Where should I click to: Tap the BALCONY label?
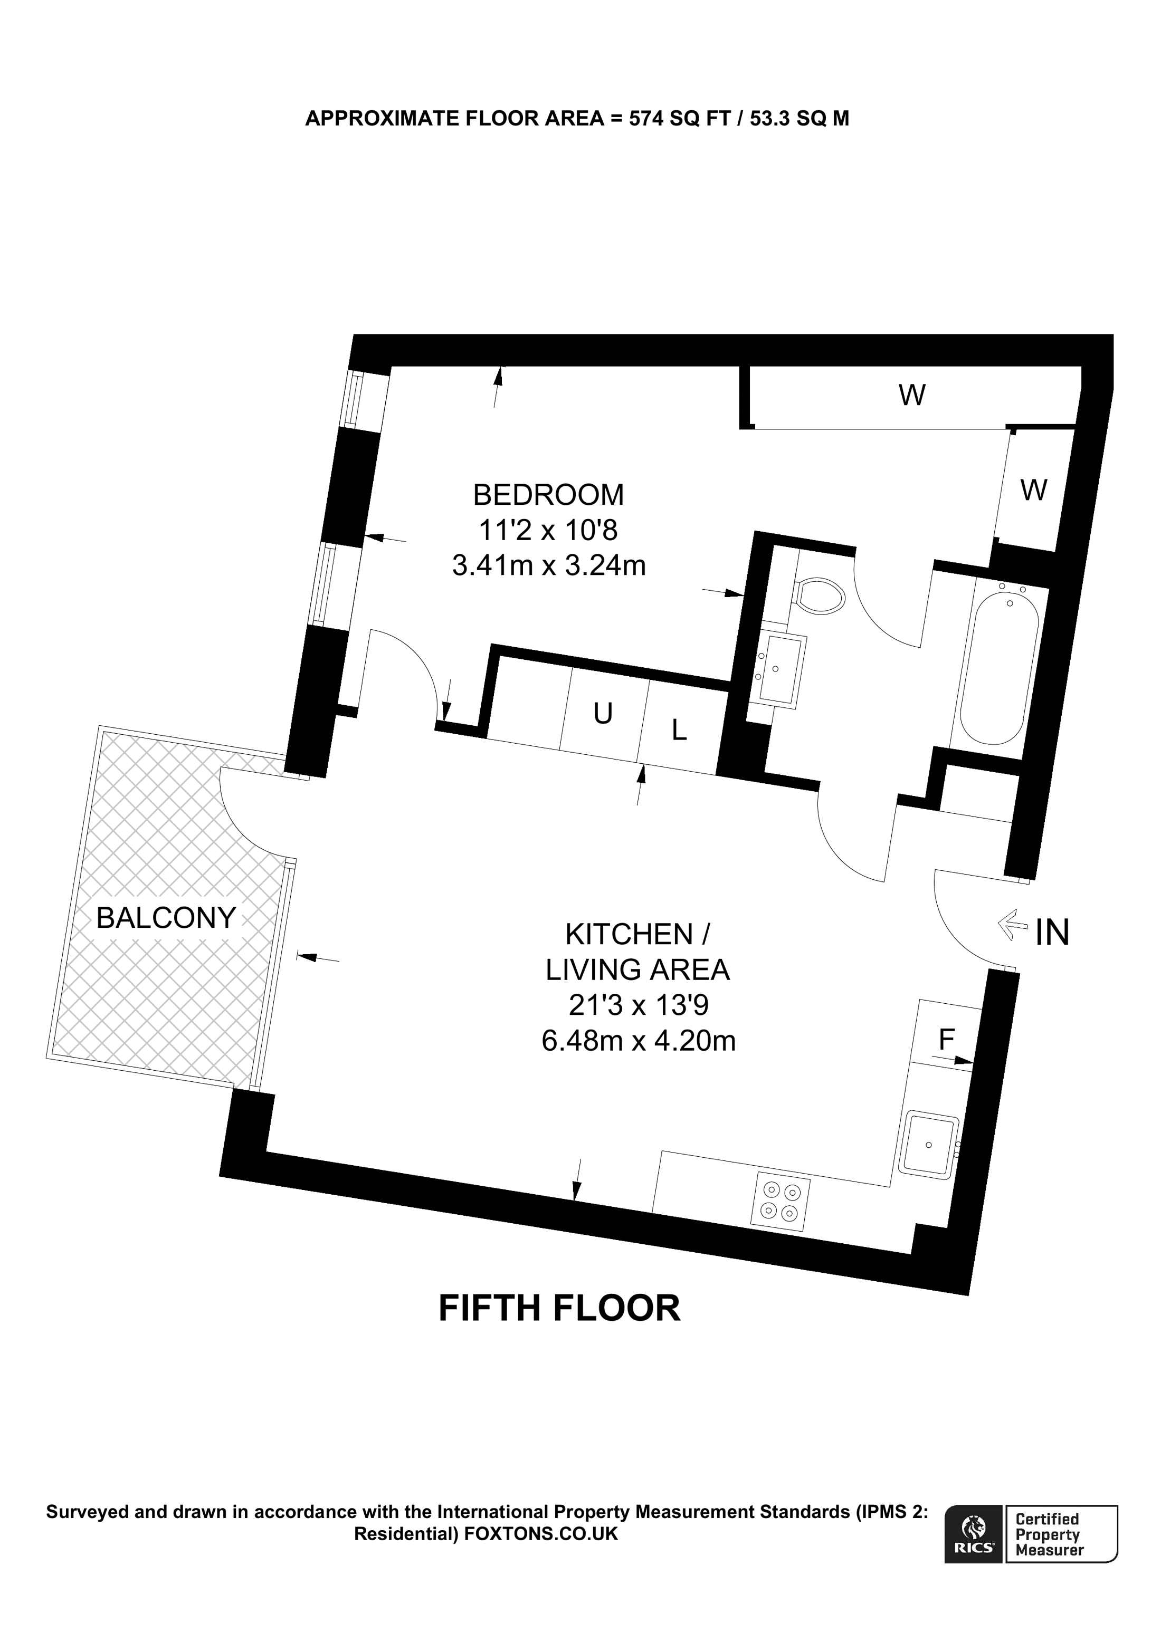[x=166, y=918]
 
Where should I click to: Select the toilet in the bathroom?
[x=821, y=596]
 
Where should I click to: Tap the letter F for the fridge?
[x=946, y=1039]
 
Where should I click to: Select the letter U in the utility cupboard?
[x=603, y=713]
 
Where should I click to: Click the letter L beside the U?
[x=679, y=729]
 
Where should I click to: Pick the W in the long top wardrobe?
[x=912, y=395]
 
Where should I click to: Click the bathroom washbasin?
[x=781, y=670]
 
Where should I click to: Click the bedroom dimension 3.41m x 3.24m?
[x=549, y=565]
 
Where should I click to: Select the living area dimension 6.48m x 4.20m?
[x=638, y=1040]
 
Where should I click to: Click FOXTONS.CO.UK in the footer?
[x=541, y=1534]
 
